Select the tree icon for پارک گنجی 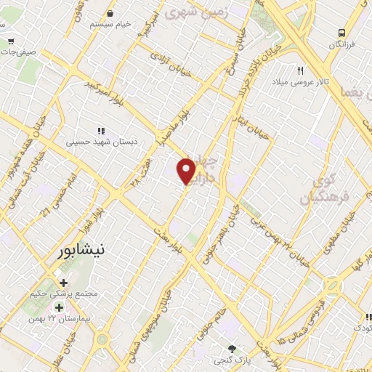(232, 349)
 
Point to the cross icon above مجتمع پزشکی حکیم (64, 283)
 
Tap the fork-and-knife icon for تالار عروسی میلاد (299, 70)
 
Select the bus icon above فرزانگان (341, 33)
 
